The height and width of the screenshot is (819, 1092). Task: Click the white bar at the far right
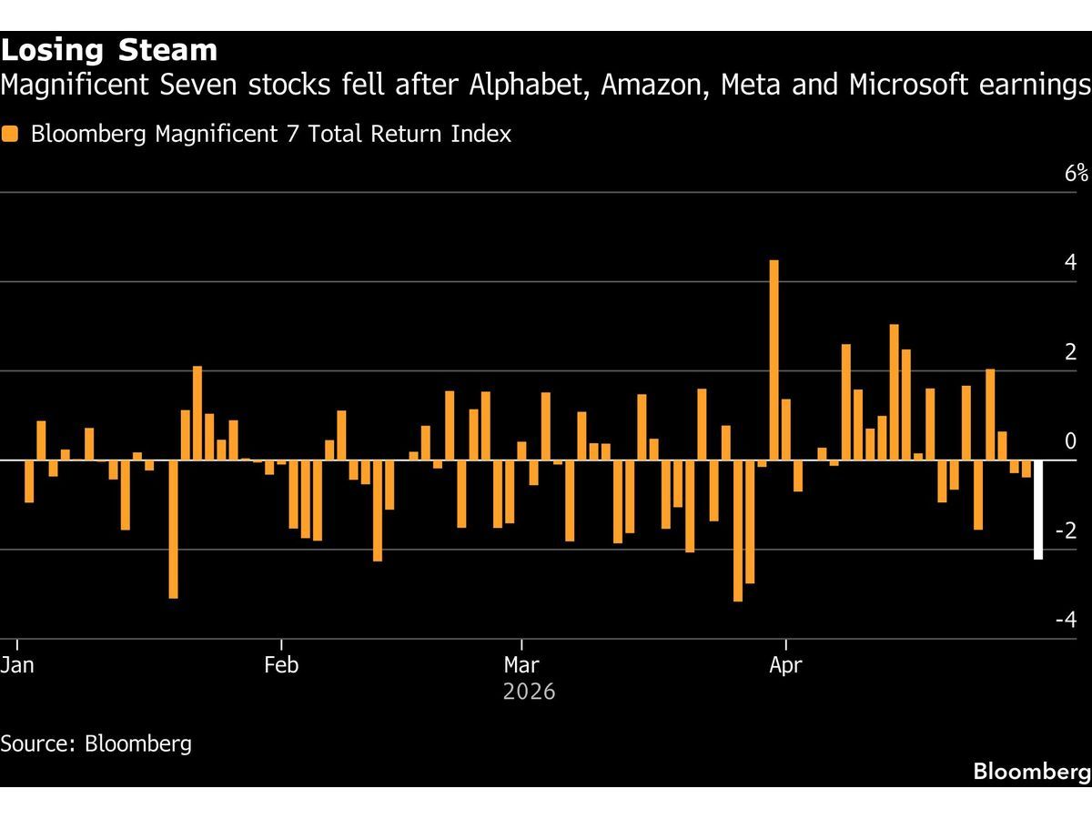tap(1038, 510)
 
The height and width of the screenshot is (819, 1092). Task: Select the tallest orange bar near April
tap(774, 360)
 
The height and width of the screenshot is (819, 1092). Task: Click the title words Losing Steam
tap(109, 50)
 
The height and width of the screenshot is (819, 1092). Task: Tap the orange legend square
tap(10, 135)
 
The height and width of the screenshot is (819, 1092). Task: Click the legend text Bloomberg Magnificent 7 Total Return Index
tap(270, 135)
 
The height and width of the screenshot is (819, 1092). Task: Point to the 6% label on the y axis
tap(1076, 174)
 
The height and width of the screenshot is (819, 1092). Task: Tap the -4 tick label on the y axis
tap(1067, 620)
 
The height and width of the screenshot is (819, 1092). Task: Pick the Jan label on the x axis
tap(17, 665)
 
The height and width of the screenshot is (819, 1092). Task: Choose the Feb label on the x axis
tap(281, 665)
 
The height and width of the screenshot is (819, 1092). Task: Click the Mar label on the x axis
tap(521, 665)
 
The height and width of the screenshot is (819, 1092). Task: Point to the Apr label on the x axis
tap(785, 665)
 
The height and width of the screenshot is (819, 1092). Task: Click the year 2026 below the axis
tap(529, 693)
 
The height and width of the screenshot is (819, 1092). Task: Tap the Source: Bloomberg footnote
tap(96, 743)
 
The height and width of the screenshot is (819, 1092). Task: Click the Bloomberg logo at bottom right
tap(1031, 772)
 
